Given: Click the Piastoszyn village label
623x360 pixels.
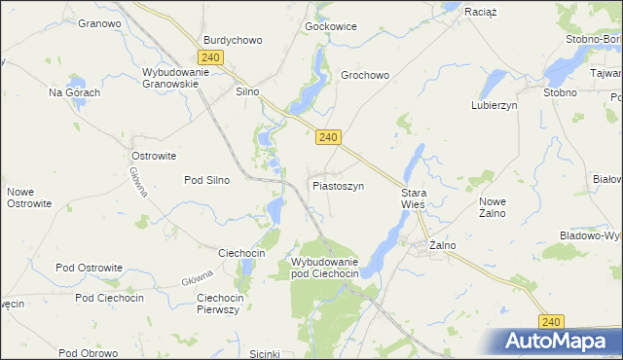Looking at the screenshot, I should [338, 185].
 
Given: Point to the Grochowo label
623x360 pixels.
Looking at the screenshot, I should [365, 75].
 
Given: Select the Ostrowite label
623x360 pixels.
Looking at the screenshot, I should [154, 156].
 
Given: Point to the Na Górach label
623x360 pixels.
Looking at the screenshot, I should [75, 92].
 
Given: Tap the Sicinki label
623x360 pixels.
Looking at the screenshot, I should [265, 353].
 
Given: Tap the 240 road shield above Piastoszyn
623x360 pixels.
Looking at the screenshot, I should [327, 138].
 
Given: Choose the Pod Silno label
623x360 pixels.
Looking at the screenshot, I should [206, 180].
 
